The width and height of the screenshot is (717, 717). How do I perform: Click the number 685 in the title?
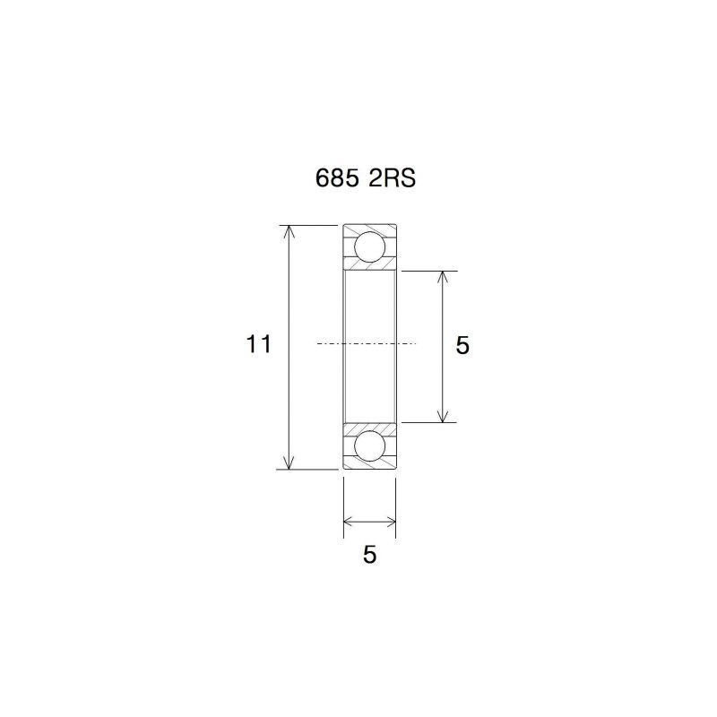coord(337,178)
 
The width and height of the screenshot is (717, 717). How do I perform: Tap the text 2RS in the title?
coord(393,178)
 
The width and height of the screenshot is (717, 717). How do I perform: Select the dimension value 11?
coord(259,344)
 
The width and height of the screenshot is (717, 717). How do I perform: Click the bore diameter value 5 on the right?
coord(462,345)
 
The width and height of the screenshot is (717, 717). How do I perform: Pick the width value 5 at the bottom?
coord(369,555)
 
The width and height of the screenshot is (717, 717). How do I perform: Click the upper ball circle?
coord(369,247)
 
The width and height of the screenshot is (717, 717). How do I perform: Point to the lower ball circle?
coord(369,446)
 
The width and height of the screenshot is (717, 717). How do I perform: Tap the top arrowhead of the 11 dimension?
coord(288,231)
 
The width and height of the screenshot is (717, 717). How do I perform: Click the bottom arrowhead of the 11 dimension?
coord(288,463)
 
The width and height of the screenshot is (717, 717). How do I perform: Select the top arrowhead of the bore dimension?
coord(442,277)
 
